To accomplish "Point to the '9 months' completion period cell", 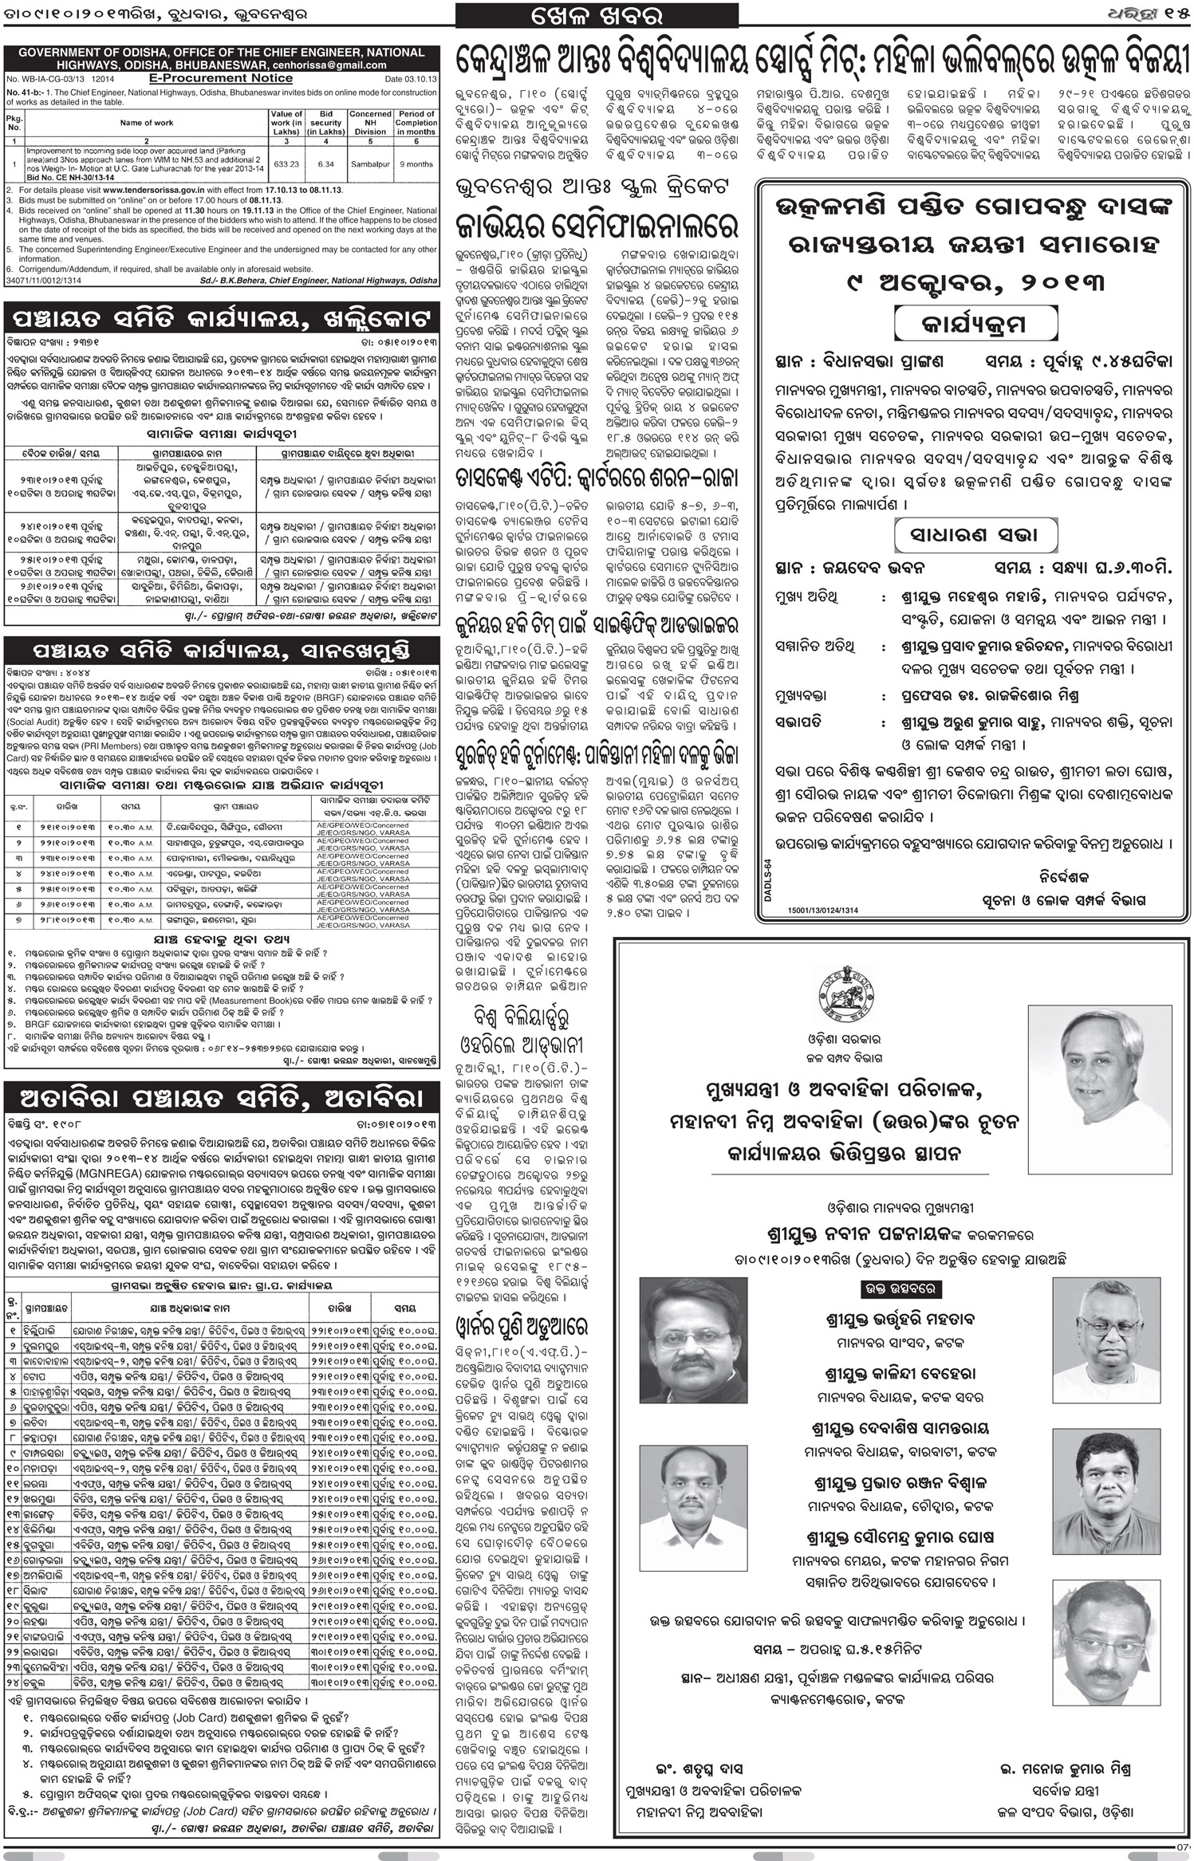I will [x=416, y=163].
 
